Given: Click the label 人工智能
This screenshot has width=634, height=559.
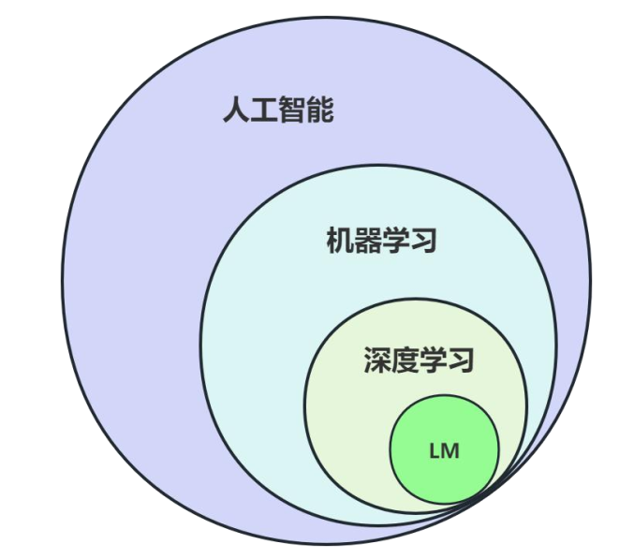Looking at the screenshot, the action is pos(278,111).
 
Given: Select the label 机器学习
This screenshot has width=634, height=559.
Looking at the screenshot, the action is pos(381,241).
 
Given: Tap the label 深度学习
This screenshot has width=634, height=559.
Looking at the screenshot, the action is pos(419,360).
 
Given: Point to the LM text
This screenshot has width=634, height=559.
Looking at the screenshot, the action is pos(444,450).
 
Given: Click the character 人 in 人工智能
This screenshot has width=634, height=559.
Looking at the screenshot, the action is pos(236,111).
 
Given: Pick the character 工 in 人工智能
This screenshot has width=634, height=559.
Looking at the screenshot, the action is pos(264,111).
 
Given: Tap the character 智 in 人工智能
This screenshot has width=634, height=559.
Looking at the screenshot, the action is pos(292,111).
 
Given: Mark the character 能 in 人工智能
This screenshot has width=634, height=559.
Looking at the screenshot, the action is pos(320,111).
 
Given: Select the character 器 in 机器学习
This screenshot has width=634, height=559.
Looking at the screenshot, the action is pos(367,241).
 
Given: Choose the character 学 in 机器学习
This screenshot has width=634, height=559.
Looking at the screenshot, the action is pos(395,241).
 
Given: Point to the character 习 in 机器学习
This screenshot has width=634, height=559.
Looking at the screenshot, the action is pos(423,241).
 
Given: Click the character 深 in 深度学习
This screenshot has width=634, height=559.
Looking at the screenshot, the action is pos(376,360).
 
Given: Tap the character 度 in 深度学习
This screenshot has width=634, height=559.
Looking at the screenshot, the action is pos(405,360).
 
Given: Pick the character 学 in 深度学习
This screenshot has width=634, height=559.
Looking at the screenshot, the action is pos(433,360).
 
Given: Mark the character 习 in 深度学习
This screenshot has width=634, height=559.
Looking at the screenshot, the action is pos(461,360).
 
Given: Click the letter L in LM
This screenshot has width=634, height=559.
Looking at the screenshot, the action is pos(435,450).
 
